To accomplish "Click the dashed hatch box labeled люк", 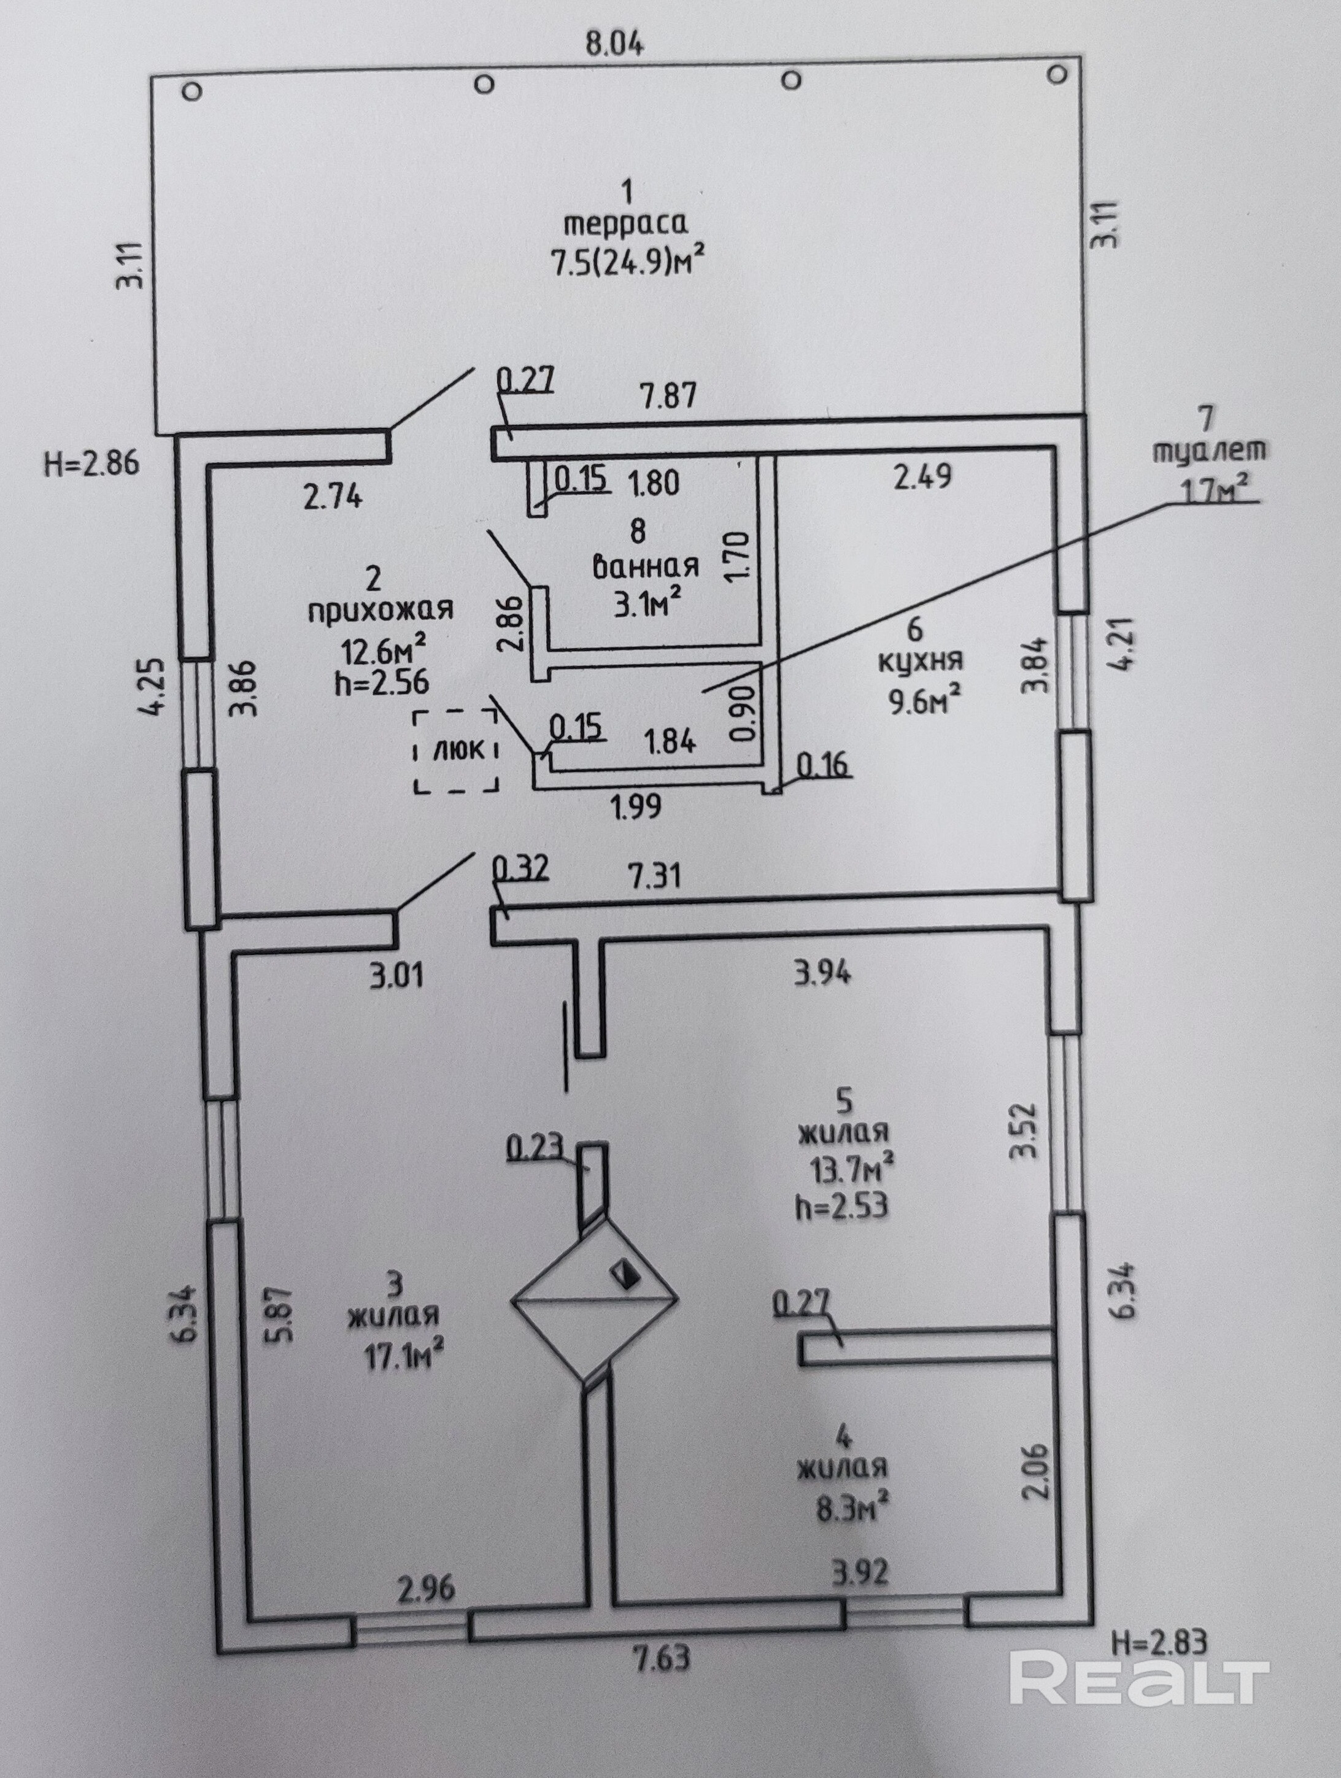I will [456, 751].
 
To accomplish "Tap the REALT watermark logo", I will [1138, 1679].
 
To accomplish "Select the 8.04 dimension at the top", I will [614, 44].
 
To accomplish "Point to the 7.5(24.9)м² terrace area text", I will [628, 261].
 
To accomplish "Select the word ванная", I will [646, 566].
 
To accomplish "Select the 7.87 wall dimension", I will [667, 395].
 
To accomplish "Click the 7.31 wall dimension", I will [654, 875].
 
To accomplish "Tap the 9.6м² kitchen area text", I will [926, 700].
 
